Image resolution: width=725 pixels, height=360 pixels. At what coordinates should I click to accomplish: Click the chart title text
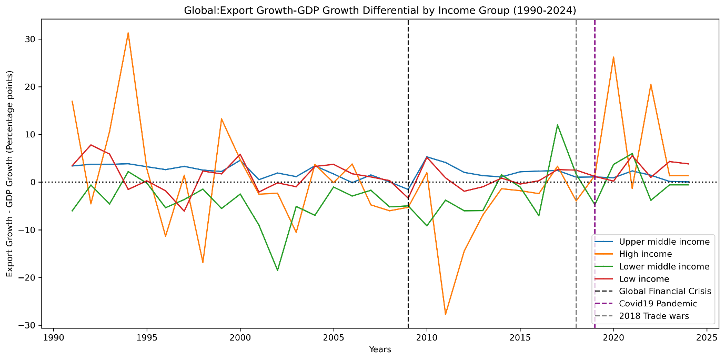pyautogui.click(x=377, y=11)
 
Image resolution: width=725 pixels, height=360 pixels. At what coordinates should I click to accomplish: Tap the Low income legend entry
pyautogui.click(x=643, y=279)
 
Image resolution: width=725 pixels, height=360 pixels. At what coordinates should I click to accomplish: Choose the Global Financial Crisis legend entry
pyautogui.click(x=664, y=292)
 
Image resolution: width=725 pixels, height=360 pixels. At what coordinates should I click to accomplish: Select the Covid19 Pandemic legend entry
pyautogui.click(x=658, y=304)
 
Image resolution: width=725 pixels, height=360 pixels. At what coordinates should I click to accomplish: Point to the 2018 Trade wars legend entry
pyautogui.click(x=653, y=316)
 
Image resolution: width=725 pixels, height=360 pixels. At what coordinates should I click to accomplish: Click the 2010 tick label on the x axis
pyautogui.click(x=427, y=337)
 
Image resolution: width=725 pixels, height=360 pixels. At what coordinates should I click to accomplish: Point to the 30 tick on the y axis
pyautogui.click(x=31, y=39)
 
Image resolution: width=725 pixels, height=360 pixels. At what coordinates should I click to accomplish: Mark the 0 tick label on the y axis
pyautogui.click(x=33, y=183)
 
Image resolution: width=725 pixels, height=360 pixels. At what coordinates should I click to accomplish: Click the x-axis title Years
pyautogui.click(x=380, y=349)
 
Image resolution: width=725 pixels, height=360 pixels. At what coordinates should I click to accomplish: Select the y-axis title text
pyautogui.click(x=10, y=182)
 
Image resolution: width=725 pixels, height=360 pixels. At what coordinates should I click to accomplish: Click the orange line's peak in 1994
pyautogui.click(x=128, y=33)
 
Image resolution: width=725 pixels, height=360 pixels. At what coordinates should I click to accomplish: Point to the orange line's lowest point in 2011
pyautogui.click(x=446, y=314)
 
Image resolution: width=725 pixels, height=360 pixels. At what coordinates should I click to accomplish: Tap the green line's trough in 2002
pyautogui.click(x=277, y=271)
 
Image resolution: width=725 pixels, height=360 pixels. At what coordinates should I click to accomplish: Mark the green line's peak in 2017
pyautogui.click(x=557, y=125)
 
